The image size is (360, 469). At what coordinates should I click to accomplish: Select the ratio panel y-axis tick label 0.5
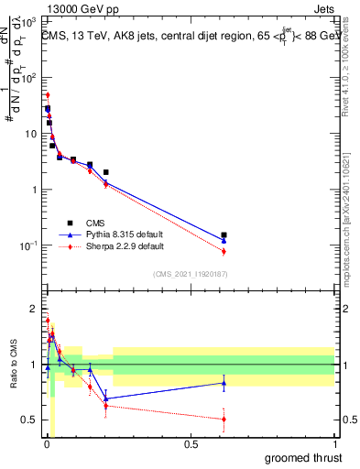29,420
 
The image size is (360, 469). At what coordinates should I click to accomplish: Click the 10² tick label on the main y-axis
28,77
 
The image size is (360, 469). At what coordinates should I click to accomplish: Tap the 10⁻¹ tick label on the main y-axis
28,246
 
